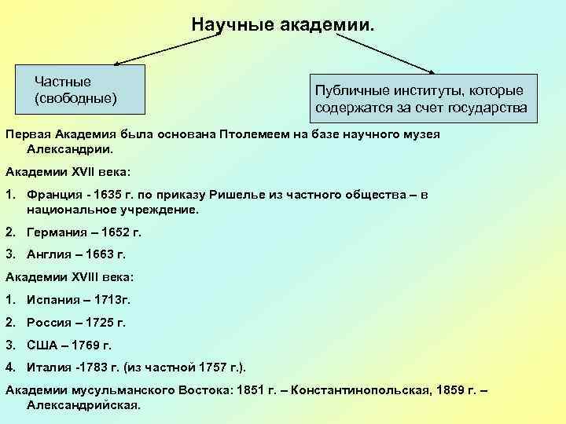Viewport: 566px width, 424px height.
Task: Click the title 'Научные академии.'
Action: point(283,25)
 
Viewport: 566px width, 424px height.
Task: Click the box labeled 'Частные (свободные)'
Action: point(75,90)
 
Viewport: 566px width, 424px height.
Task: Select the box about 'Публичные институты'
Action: point(421,99)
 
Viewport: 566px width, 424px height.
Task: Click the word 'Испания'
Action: point(52,300)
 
